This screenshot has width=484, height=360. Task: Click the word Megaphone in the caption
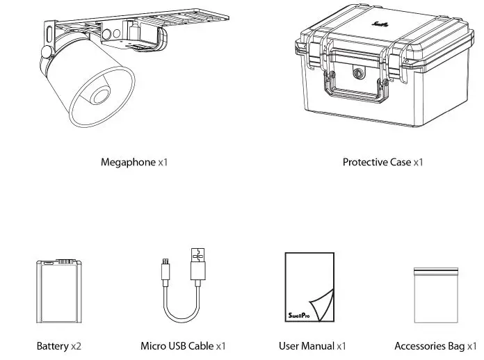[128, 163]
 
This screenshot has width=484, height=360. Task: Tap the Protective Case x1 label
[382, 163]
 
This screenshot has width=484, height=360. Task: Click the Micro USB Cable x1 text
[183, 345]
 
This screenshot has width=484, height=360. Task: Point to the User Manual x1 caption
[312, 345]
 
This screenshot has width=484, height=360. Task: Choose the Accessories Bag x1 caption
[435, 345]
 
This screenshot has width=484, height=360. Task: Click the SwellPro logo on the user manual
[300, 313]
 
